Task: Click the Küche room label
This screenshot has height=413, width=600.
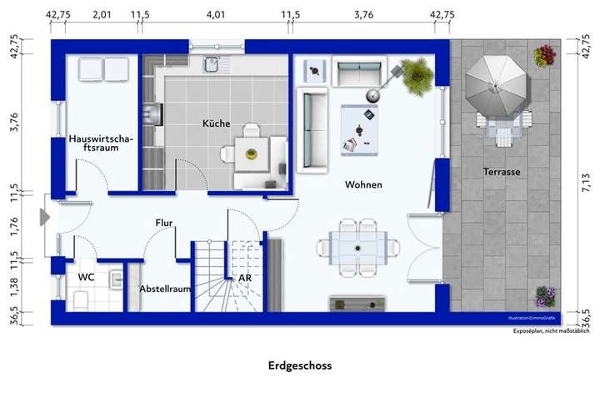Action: [216, 123]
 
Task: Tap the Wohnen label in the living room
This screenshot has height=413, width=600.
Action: [363, 184]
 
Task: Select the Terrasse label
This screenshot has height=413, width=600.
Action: [502, 171]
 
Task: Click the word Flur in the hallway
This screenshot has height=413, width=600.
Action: [163, 223]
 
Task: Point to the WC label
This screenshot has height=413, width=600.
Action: [87, 276]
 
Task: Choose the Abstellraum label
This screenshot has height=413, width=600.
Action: [166, 288]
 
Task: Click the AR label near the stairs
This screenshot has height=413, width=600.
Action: [245, 278]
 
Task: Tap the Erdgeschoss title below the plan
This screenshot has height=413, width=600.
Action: [300, 365]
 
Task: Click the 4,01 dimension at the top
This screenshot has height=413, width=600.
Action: [215, 14]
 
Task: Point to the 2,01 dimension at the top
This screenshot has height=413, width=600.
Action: [102, 14]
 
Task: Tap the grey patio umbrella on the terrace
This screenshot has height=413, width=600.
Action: [496, 84]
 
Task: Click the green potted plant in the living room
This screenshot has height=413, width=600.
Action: [417, 75]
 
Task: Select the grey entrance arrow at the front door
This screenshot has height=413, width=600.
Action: [44, 217]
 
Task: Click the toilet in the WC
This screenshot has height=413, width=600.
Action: [81, 300]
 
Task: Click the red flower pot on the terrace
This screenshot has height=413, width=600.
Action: [545, 56]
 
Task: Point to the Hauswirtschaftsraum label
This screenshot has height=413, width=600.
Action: [100, 143]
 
